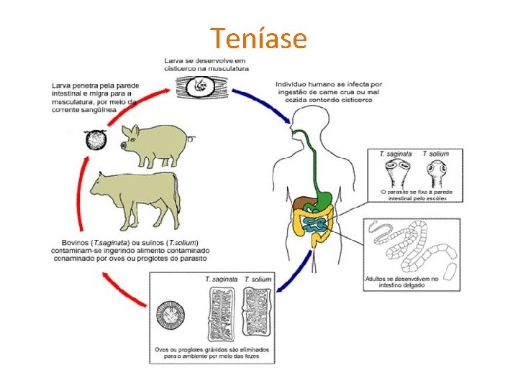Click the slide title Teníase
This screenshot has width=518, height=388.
pyautogui.click(x=258, y=37)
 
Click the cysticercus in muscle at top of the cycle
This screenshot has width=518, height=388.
pyautogui.click(x=201, y=88)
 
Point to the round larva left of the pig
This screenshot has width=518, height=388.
pyautogui.click(x=96, y=139)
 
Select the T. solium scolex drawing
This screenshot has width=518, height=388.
pyautogui.click(x=437, y=172)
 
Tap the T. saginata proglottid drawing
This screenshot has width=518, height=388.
pyautogui.click(x=222, y=313)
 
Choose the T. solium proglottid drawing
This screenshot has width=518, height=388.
pyautogui.click(x=258, y=313)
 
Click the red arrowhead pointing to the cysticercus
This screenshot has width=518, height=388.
pyautogui.click(x=167, y=91)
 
